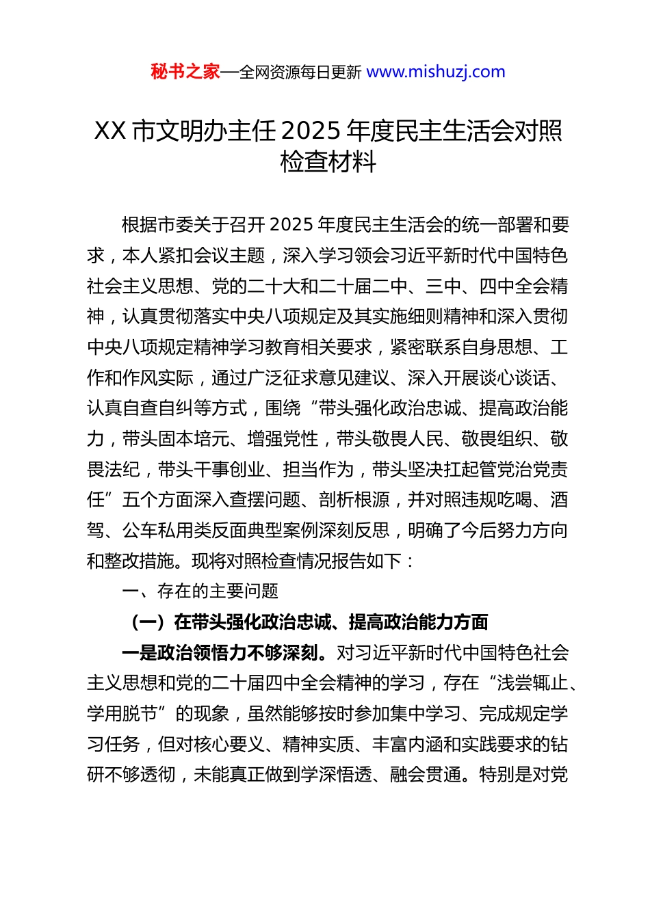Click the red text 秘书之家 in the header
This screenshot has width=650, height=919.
(185, 72)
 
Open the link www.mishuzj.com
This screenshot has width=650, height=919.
(436, 72)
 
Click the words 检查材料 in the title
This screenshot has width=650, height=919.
(328, 162)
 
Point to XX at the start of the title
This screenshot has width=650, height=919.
(109, 131)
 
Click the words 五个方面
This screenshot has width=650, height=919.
(158, 500)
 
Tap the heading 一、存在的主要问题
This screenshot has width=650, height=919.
(200, 591)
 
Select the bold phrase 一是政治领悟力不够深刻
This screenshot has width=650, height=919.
(220, 653)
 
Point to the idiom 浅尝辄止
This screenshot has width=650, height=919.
(532, 683)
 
